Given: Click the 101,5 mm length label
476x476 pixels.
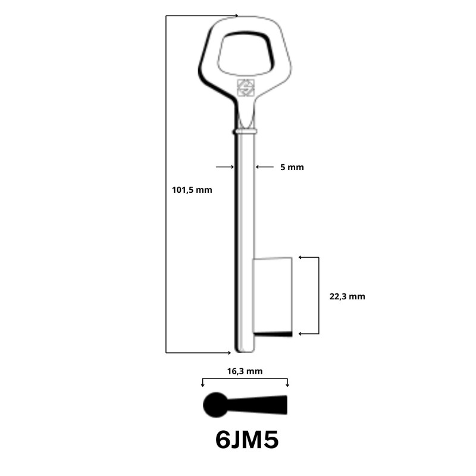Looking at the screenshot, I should (x=192, y=190).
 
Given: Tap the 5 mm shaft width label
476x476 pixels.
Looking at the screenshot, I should (x=292, y=168).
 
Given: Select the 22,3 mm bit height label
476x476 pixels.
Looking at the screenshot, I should (x=347, y=296).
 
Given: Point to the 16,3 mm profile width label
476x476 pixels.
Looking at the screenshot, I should (x=245, y=371).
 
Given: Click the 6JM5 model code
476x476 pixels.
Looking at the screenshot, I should (x=247, y=441).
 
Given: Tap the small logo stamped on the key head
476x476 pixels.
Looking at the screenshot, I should (x=246, y=87).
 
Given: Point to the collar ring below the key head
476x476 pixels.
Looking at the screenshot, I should (x=246, y=130).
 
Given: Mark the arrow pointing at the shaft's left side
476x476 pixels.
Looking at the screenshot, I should (x=225, y=167).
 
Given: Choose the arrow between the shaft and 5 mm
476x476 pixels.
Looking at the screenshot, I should (x=265, y=167).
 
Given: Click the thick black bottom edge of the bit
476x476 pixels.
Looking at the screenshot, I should (x=273, y=334).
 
